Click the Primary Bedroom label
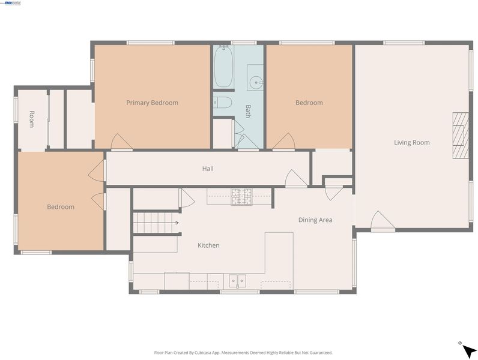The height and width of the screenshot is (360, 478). click(x=152, y=103)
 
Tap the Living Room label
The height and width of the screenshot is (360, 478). click(x=412, y=143)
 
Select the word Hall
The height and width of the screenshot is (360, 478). click(x=208, y=169)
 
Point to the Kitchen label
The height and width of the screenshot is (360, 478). click(x=208, y=245)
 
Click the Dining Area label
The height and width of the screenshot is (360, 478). click(x=315, y=220)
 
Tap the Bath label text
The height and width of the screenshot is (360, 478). click(x=248, y=112)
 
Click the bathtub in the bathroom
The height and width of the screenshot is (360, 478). click(x=224, y=67)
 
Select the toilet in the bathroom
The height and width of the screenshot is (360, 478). click(x=223, y=103)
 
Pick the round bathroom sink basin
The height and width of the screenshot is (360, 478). click(x=255, y=82)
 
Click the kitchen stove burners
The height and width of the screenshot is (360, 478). click(x=241, y=196)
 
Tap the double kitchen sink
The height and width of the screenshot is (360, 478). click(x=237, y=281)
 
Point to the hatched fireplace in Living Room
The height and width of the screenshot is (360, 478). click(x=461, y=135)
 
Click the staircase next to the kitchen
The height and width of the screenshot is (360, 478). click(x=156, y=223)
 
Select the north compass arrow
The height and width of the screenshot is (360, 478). click(x=468, y=350)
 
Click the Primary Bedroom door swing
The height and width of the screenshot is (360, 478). click(x=121, y=142)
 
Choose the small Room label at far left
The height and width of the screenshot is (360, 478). click(x=31, y=119)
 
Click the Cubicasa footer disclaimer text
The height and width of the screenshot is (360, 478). click(x=243, y=353)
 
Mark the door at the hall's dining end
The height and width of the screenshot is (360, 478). click(x=295, y=178)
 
